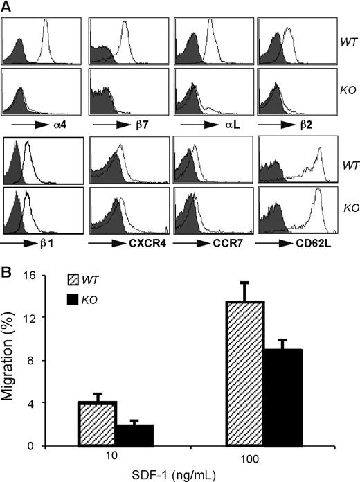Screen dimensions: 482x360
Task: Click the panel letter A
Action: (x=6, y=7)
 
